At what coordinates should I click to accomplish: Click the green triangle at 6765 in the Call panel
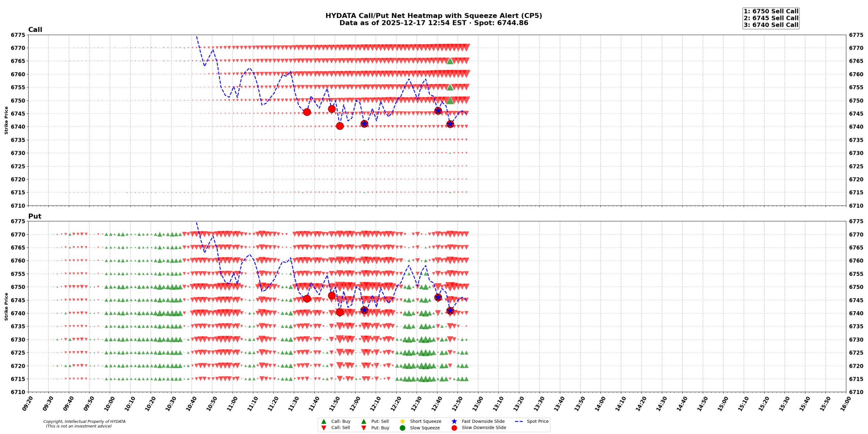pos(450,61)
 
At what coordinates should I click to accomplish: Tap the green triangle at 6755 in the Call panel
pos(450,87)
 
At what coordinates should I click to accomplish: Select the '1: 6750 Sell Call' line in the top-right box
pos(771,11)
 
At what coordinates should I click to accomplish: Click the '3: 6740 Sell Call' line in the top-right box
pos(771,25)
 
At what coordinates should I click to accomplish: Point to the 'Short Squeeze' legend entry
pos(425,421)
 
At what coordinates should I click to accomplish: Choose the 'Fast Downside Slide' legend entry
pos(483,421)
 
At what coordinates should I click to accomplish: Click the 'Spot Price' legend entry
pos(537,421)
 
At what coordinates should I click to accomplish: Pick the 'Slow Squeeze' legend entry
pos(425,428)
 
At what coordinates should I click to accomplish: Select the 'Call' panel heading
pos(35,29)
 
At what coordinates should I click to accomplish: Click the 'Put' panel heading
pos(35,216)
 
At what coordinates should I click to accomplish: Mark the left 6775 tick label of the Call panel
pos(18,35)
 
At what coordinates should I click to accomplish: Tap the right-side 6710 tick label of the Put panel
pos(856,392)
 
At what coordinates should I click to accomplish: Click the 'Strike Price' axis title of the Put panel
pos(6,307)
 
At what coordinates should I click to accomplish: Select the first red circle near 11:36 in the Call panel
pos(307,112)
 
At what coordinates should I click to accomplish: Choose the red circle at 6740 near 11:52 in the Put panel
pos(340,312)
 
